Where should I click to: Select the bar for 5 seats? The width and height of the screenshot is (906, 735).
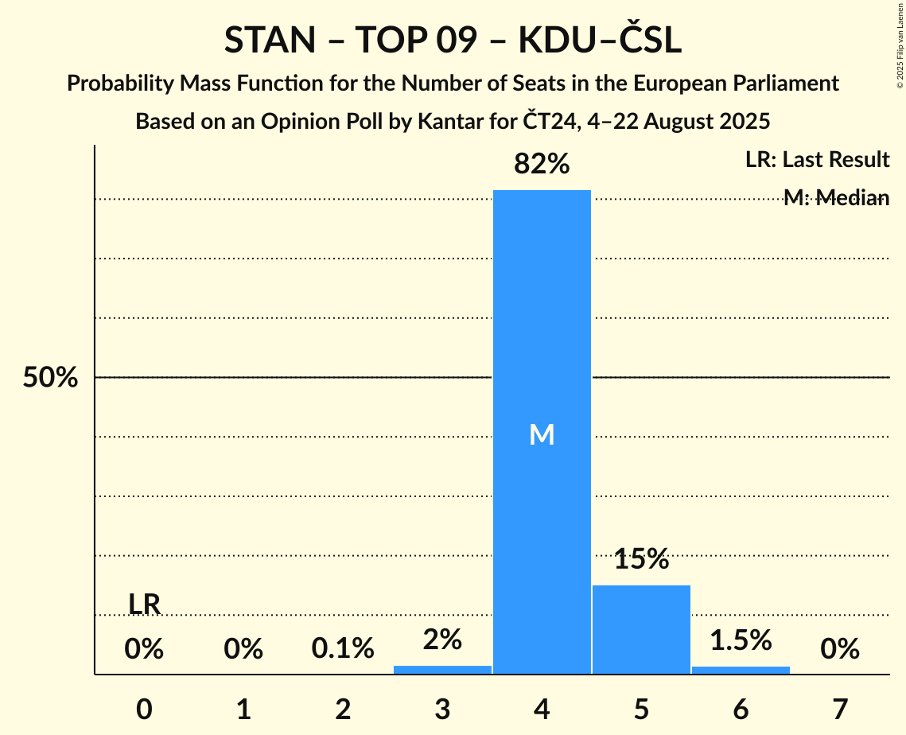point(641,629)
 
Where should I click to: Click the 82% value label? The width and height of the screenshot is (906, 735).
point(542,165)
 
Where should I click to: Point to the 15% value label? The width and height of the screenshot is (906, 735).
point(641,559)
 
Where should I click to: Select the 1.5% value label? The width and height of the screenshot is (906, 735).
point(741,640)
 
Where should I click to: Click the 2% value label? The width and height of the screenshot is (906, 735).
point(442,640)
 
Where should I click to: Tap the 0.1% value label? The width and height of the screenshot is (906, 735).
point(343,649)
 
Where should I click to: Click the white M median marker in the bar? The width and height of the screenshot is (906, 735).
point(542,434)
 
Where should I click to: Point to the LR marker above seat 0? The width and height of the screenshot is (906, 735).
point(145,605)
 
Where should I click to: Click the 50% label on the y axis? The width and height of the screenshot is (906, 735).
point(50,378)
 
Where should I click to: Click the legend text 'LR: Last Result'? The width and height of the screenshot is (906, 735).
point(817,160)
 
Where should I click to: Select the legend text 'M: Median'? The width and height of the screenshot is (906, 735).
point(836,198)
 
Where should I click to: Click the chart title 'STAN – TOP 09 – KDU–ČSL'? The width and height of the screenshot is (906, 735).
point(453,41)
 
